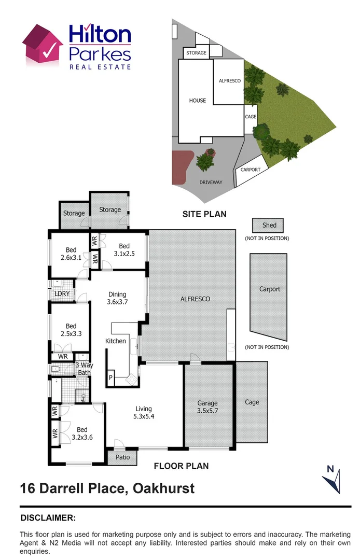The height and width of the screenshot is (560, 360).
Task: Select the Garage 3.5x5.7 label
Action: point(207,407)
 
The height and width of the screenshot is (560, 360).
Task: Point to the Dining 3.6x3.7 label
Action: point(117,298)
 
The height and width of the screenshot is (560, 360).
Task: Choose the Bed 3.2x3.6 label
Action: point(82,433)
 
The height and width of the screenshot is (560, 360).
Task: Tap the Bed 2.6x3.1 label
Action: point(71,254)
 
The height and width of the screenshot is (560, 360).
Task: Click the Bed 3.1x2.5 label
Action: point(124,250)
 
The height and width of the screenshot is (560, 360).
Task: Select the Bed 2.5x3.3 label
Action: point(71,330)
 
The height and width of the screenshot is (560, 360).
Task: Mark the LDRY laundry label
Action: point(62,294)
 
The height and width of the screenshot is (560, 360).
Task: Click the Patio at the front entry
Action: point(122,457)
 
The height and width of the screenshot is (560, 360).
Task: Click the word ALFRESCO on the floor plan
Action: point(195,299)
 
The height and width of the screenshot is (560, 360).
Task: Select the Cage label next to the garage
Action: point(252,402)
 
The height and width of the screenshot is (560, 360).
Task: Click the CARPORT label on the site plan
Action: point(251,170)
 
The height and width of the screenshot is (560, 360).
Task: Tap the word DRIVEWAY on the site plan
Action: point(211,183)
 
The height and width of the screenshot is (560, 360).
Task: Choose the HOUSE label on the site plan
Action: point(198,101)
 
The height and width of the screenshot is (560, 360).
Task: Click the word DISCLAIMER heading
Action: point(48,517)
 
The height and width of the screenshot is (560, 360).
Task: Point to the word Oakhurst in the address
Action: point(164,488)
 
